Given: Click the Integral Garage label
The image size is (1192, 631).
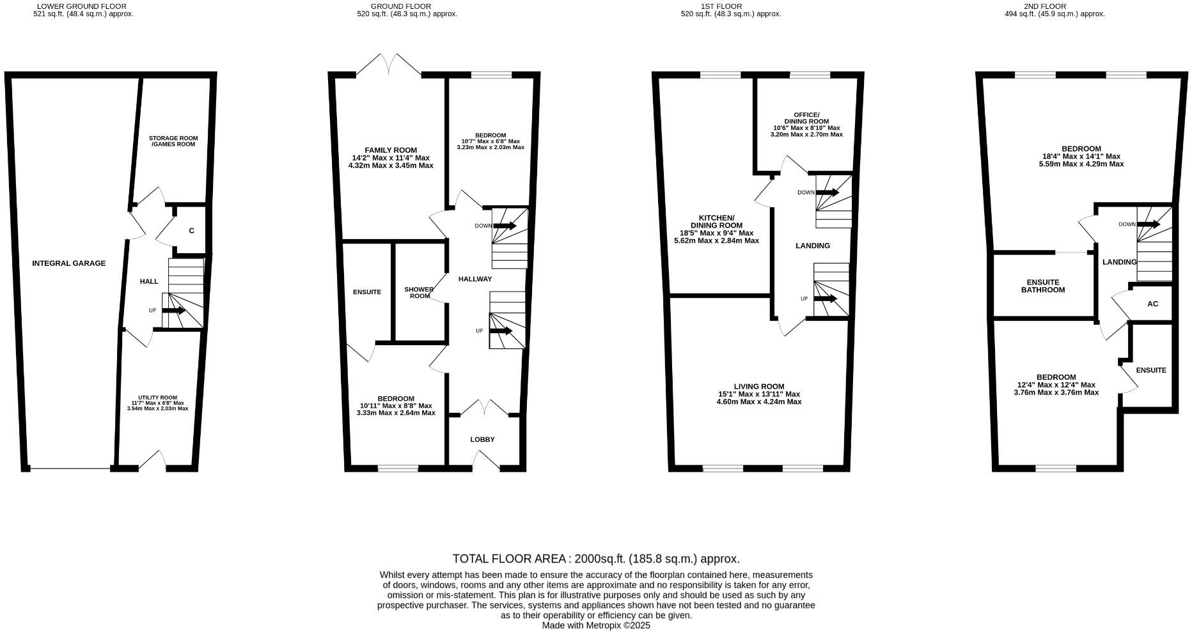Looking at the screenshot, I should [x=69, y=263].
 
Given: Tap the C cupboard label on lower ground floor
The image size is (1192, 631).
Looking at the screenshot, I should [x=191, y=231].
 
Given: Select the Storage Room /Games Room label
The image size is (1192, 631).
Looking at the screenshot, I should [x=173, y=141].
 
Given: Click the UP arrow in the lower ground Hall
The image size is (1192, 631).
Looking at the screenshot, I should [x=173, y=311].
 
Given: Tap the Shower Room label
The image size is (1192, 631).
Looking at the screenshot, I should [x=420, y=293].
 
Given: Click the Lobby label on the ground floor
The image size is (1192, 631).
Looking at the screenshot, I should [x=482, y=440].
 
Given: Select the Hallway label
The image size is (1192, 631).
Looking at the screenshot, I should [x=475, y=279].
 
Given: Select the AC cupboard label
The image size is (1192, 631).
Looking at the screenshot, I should [x=1152, y=304].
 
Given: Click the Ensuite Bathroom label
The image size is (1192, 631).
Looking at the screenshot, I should [x=1042, y=286].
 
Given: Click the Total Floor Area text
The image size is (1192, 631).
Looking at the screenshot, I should [x=596, y=559].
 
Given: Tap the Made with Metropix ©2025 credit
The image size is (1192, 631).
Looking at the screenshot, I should [x=596, y=626].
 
